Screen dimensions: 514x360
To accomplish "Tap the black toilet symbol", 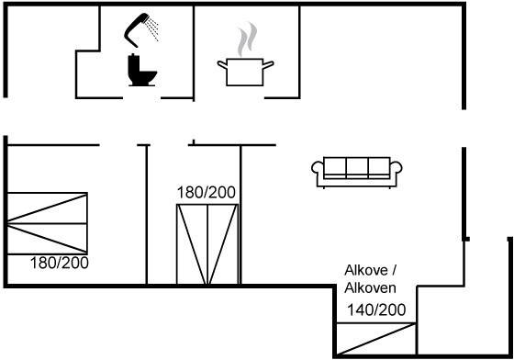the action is click(x=141, y=70).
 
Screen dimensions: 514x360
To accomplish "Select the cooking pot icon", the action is click(x=245, y=73).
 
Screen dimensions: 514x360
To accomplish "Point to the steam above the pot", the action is click(x=248, y=39).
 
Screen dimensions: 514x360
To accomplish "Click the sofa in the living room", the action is click(x=357, y=173).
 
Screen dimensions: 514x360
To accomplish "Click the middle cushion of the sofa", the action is click(x=357, y=167).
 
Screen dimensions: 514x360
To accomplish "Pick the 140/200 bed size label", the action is click(x=376, y=309).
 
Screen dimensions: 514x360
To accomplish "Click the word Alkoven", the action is click(x=370, y=287).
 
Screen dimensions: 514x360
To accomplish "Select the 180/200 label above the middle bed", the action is click(x=207, y=193).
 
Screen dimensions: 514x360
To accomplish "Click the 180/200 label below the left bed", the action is click(x=60, y=263).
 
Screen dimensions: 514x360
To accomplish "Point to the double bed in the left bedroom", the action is click(x=47, y=223).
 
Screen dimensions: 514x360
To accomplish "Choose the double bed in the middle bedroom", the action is click(x=207, y=244).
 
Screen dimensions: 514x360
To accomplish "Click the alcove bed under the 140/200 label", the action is click(x=376, y=339).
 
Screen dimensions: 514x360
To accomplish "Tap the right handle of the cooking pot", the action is click(x=268, y=64).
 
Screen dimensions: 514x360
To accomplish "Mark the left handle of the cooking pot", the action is click(x=222, y=64).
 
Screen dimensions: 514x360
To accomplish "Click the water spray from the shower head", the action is click(x=152, y=28).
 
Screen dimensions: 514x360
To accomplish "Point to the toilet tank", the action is click(x=133, y=66).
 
